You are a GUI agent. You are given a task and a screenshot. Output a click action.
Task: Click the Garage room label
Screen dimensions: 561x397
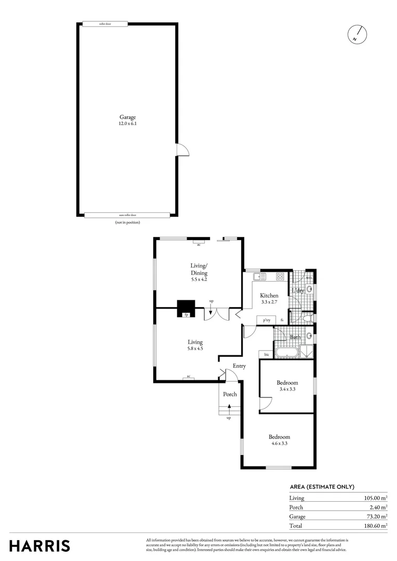tap(127, 117)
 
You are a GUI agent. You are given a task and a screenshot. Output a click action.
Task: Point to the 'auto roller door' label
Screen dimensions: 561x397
tap(127, 215)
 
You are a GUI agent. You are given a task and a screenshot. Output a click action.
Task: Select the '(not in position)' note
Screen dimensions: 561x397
tap(127, 222)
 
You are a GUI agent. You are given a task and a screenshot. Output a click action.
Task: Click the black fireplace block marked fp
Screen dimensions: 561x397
tap(186, 308)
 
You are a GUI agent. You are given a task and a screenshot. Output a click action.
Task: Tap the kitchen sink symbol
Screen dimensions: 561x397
tap(259, 276)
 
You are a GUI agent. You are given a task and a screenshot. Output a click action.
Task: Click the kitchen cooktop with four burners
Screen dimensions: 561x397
tap(280, 276)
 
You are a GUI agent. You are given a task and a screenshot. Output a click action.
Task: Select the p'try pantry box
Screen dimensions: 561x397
tap(267, 320)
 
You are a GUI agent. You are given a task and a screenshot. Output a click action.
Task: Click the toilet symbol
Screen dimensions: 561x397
tap(307, 317)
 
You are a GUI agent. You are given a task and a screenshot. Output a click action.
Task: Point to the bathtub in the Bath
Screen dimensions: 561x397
tap(286, 353)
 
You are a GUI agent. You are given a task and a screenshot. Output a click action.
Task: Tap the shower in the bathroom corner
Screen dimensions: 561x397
tap(308, 352)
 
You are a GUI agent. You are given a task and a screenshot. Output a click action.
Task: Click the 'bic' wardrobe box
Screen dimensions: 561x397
tap(267, 354)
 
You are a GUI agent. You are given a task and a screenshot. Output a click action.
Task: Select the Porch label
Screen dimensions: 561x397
tap(230, 394)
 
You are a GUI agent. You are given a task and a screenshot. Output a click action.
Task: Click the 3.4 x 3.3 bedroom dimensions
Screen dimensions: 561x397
tap(287, 389)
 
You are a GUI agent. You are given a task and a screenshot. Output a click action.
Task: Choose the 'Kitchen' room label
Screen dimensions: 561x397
tap(269, 296)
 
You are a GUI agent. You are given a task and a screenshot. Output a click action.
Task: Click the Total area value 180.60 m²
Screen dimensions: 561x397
tap(375, 526)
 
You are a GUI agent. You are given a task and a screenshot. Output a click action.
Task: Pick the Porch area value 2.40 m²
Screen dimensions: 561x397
tap(377, 507)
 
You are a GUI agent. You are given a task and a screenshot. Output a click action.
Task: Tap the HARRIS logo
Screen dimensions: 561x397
tap(39, 546)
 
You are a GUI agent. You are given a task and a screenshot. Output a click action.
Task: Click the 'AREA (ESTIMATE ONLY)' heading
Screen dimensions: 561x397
tap(322, 487)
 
